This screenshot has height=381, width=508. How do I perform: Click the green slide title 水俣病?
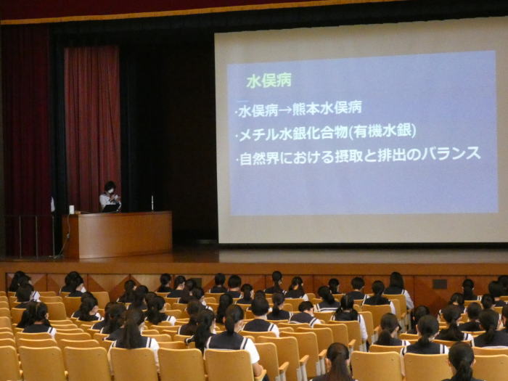point(269,81)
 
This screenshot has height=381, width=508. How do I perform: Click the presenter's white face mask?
point(111,192)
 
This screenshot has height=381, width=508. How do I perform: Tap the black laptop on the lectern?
point(111,208)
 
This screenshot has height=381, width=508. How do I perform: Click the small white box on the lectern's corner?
point(72,209)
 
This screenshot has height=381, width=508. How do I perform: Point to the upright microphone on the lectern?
point(152,203)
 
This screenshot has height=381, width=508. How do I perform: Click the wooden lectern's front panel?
point(126,235)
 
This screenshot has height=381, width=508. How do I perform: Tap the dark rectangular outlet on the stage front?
point(440,284)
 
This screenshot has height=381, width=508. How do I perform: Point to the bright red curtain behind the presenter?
point(93,126)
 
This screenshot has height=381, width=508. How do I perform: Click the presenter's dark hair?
point(110,186)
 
